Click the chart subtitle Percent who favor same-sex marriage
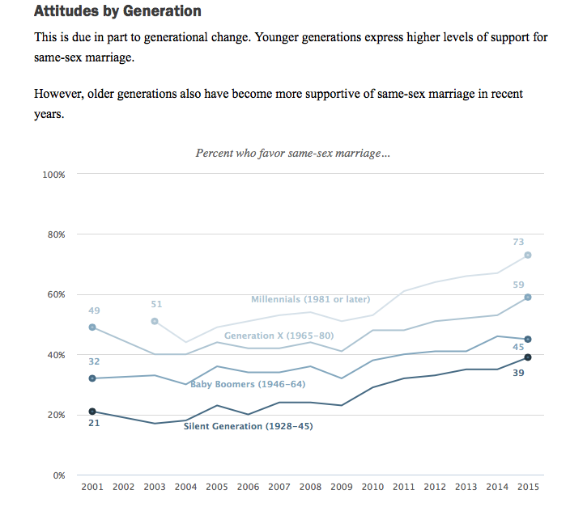coord(292,153)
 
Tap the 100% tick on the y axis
coord(53,175)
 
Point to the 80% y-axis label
coord(56,234)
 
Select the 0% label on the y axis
coord(58,475)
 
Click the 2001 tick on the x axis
coord(92,487)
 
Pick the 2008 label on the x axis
coord(310,487)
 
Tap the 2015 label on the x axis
coord(527,487)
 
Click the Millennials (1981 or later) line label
coord(310,299)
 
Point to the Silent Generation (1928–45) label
coord(248,426)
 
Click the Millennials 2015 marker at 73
coord(528,255)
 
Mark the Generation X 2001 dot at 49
coord(92,327)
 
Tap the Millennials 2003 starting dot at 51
coord(155,321)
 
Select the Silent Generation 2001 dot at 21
coord(92,412)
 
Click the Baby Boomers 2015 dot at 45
coord(528,339)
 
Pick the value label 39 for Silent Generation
coord(518,373)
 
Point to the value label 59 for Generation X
coord(518,285)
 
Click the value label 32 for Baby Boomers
coord(94,361)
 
